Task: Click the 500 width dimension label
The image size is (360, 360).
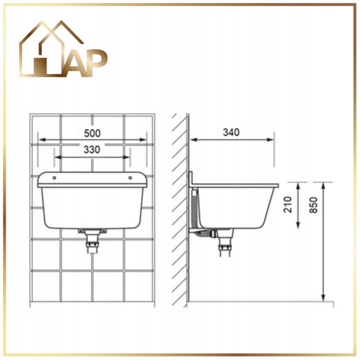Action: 92,133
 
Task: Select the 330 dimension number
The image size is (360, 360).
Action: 92,149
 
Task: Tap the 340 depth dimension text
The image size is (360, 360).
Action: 231,132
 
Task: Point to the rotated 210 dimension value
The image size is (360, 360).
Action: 288,204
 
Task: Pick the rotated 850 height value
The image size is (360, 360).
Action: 313,205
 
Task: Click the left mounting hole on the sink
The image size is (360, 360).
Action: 54,177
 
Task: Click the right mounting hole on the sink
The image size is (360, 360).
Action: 130,177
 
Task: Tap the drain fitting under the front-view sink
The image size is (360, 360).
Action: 92,241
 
